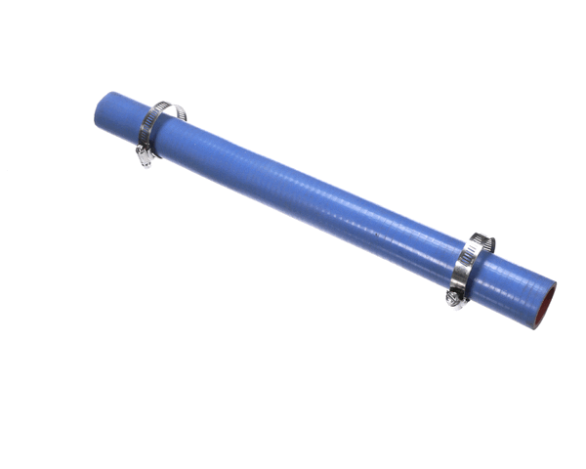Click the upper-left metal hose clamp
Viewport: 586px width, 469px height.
(x=156, y=131)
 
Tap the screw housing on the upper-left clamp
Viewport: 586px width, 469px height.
(x=145, y=154)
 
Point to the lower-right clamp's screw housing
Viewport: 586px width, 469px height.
(x=456, y=296)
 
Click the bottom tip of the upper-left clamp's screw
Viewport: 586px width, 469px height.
(x=144, y=162)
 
